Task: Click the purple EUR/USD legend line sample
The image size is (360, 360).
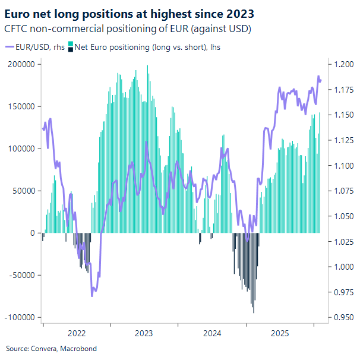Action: (11, 46)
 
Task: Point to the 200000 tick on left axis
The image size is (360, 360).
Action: (21, 64)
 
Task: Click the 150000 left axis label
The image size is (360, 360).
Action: (21, 106)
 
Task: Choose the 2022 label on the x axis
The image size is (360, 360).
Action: (77, 334)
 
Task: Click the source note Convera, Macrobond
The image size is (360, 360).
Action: (51, 348)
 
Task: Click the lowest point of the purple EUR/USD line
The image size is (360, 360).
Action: (92, 295)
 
